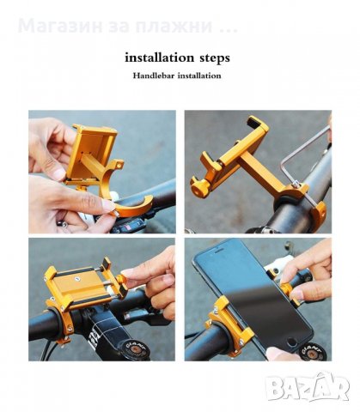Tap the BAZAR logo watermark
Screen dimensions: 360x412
pyautogui.click(x=307, y=387)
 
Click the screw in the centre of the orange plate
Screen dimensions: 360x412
pyautogui.click(x=76, y=279)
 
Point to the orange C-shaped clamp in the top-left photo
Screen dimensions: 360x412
pyautogui.click(x=126, y=194)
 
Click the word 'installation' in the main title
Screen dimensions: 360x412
pyautogui.click(x=159, y=58)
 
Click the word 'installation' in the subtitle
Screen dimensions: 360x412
pyautogui.click(x=199, y=76)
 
